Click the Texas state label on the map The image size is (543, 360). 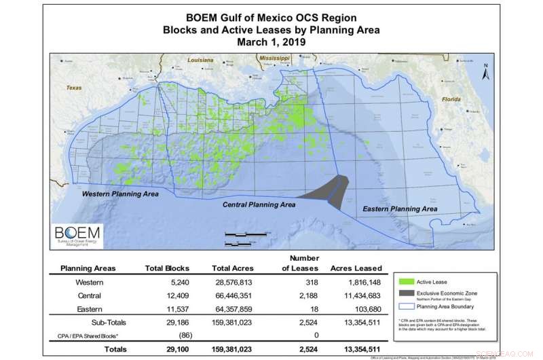coord(73,88)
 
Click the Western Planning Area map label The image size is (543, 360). coord(120,194)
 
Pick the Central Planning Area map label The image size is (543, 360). coord(259,204)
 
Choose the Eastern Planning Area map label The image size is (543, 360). coord(398,209)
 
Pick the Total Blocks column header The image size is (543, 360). coord(168,268)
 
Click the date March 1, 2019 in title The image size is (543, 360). coord(271,41)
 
